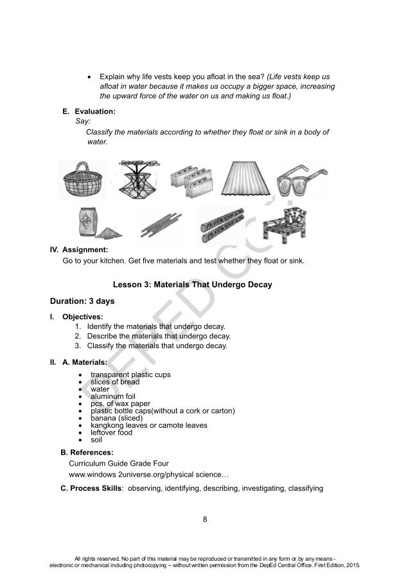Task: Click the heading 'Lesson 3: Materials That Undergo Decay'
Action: coord(205,283)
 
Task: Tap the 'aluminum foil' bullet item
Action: coord(113,396)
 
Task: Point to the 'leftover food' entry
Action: coord(111,432)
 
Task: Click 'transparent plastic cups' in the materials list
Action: coord(130,374)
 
